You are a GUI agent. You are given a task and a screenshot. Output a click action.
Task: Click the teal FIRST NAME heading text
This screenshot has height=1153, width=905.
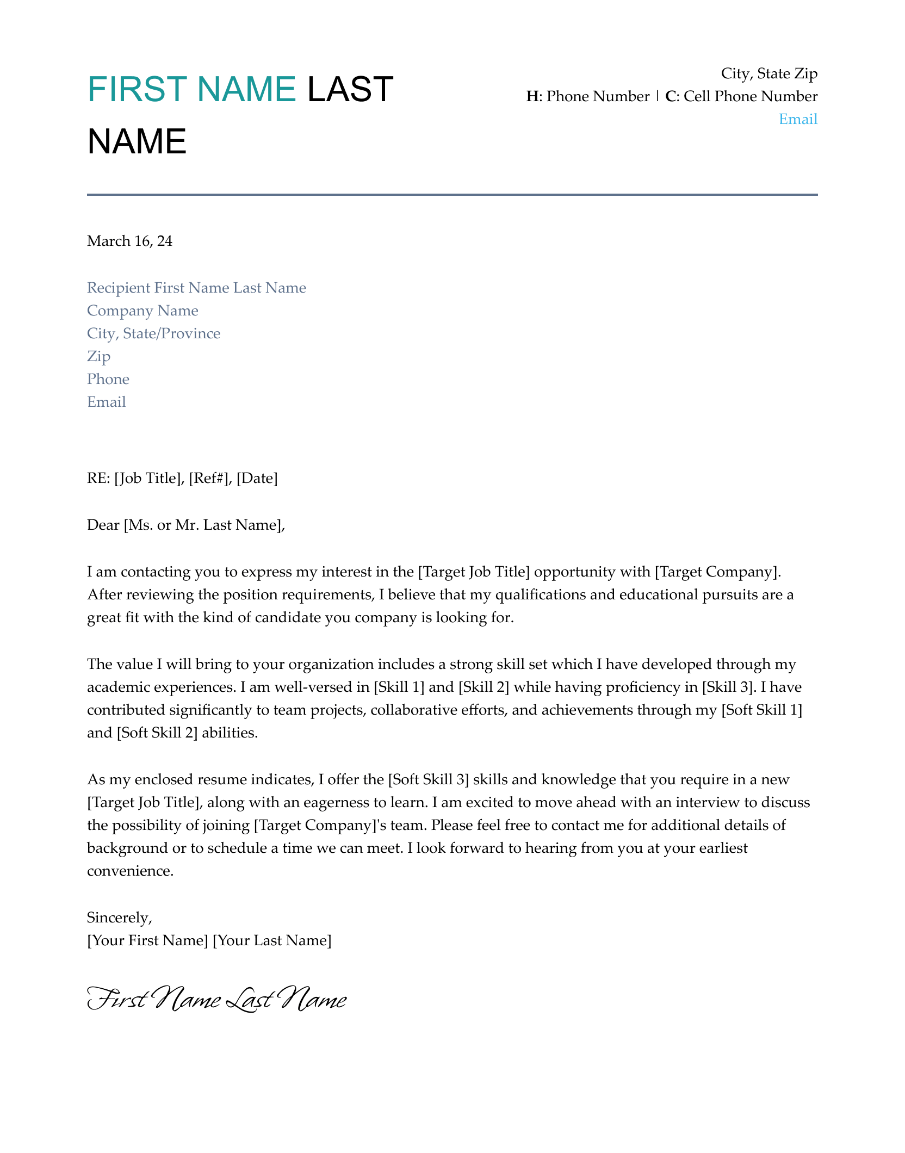tap(191, 89)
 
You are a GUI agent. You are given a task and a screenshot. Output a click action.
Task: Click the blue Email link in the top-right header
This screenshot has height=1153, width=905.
tap(798, 119)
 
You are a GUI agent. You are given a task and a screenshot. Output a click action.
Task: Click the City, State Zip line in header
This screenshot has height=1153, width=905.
tap(769, 73)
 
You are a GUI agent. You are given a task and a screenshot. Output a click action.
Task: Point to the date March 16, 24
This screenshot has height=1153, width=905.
tap(129, 241)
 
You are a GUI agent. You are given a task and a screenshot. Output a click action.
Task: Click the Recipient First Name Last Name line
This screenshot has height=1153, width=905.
tap(196, 288)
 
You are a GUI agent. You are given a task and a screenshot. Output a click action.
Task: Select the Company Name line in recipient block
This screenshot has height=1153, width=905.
tap(142, 311)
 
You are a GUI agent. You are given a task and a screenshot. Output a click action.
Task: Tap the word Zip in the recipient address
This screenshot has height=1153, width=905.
tap(98, 356)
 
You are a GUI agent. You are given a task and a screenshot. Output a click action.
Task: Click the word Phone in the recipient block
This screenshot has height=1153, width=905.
tap(108, 379)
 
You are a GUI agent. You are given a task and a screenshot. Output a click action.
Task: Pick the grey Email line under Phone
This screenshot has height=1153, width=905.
tap(107, 402)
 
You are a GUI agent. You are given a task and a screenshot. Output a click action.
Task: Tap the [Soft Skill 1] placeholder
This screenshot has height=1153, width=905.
tap(761, 710)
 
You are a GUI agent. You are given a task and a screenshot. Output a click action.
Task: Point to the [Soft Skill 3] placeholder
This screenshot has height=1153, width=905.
tap(428, 779)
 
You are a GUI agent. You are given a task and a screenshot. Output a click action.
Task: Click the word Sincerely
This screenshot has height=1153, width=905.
tap(119, 918)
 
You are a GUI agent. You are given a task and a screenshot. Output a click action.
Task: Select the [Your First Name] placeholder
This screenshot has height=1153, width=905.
tap(147, 940)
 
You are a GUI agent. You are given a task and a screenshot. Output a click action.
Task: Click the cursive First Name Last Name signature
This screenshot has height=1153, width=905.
tap(216, 999)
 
